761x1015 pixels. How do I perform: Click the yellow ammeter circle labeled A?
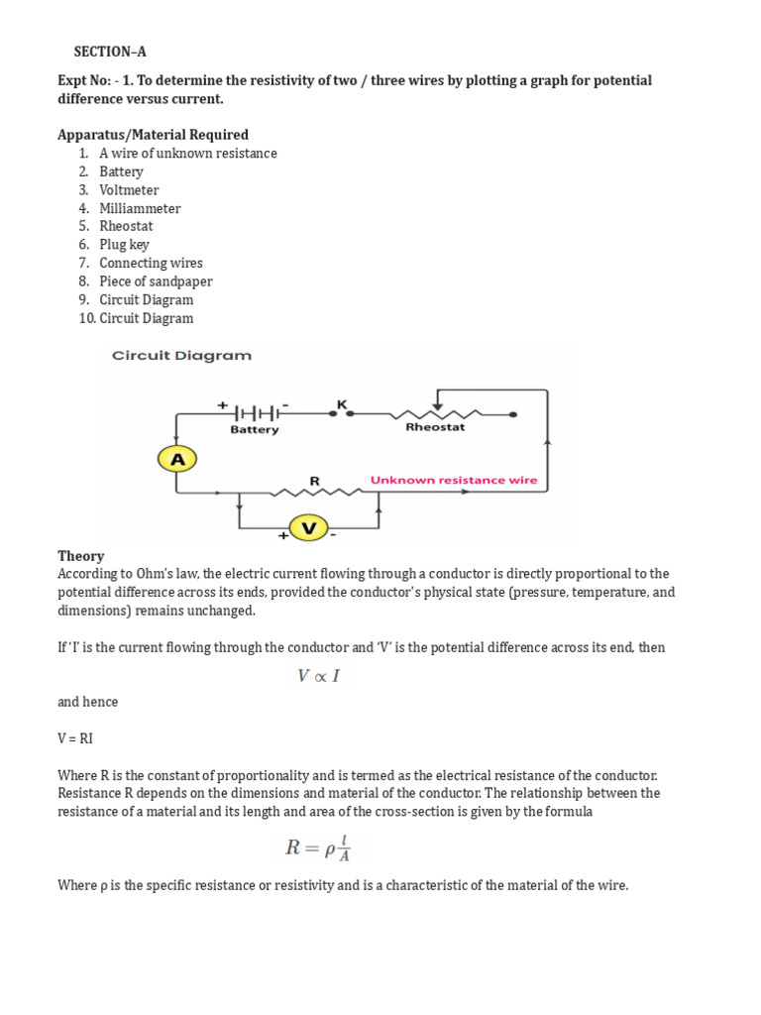point(177,459)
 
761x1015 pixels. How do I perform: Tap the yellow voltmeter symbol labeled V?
point(308,528)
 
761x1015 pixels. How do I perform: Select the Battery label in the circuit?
point(255,430)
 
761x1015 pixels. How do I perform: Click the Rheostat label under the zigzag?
point(435,428)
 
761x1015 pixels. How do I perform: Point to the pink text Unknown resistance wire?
point(454,480)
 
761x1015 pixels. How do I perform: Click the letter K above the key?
point(342,403)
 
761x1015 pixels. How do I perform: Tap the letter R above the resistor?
point(315,481)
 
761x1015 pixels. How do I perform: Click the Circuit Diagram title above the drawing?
point(181,355)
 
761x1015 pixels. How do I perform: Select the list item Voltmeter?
point(129,190)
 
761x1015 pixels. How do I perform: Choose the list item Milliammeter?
point(140,208)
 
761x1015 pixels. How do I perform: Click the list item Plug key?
point(124,245)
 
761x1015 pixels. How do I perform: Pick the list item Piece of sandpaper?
point(156,282)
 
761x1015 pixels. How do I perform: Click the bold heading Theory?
point(80,556)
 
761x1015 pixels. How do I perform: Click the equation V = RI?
point(77,738)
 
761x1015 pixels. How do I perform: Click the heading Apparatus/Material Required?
point(153,135)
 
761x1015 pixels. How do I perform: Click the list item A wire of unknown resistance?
point(187,154)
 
